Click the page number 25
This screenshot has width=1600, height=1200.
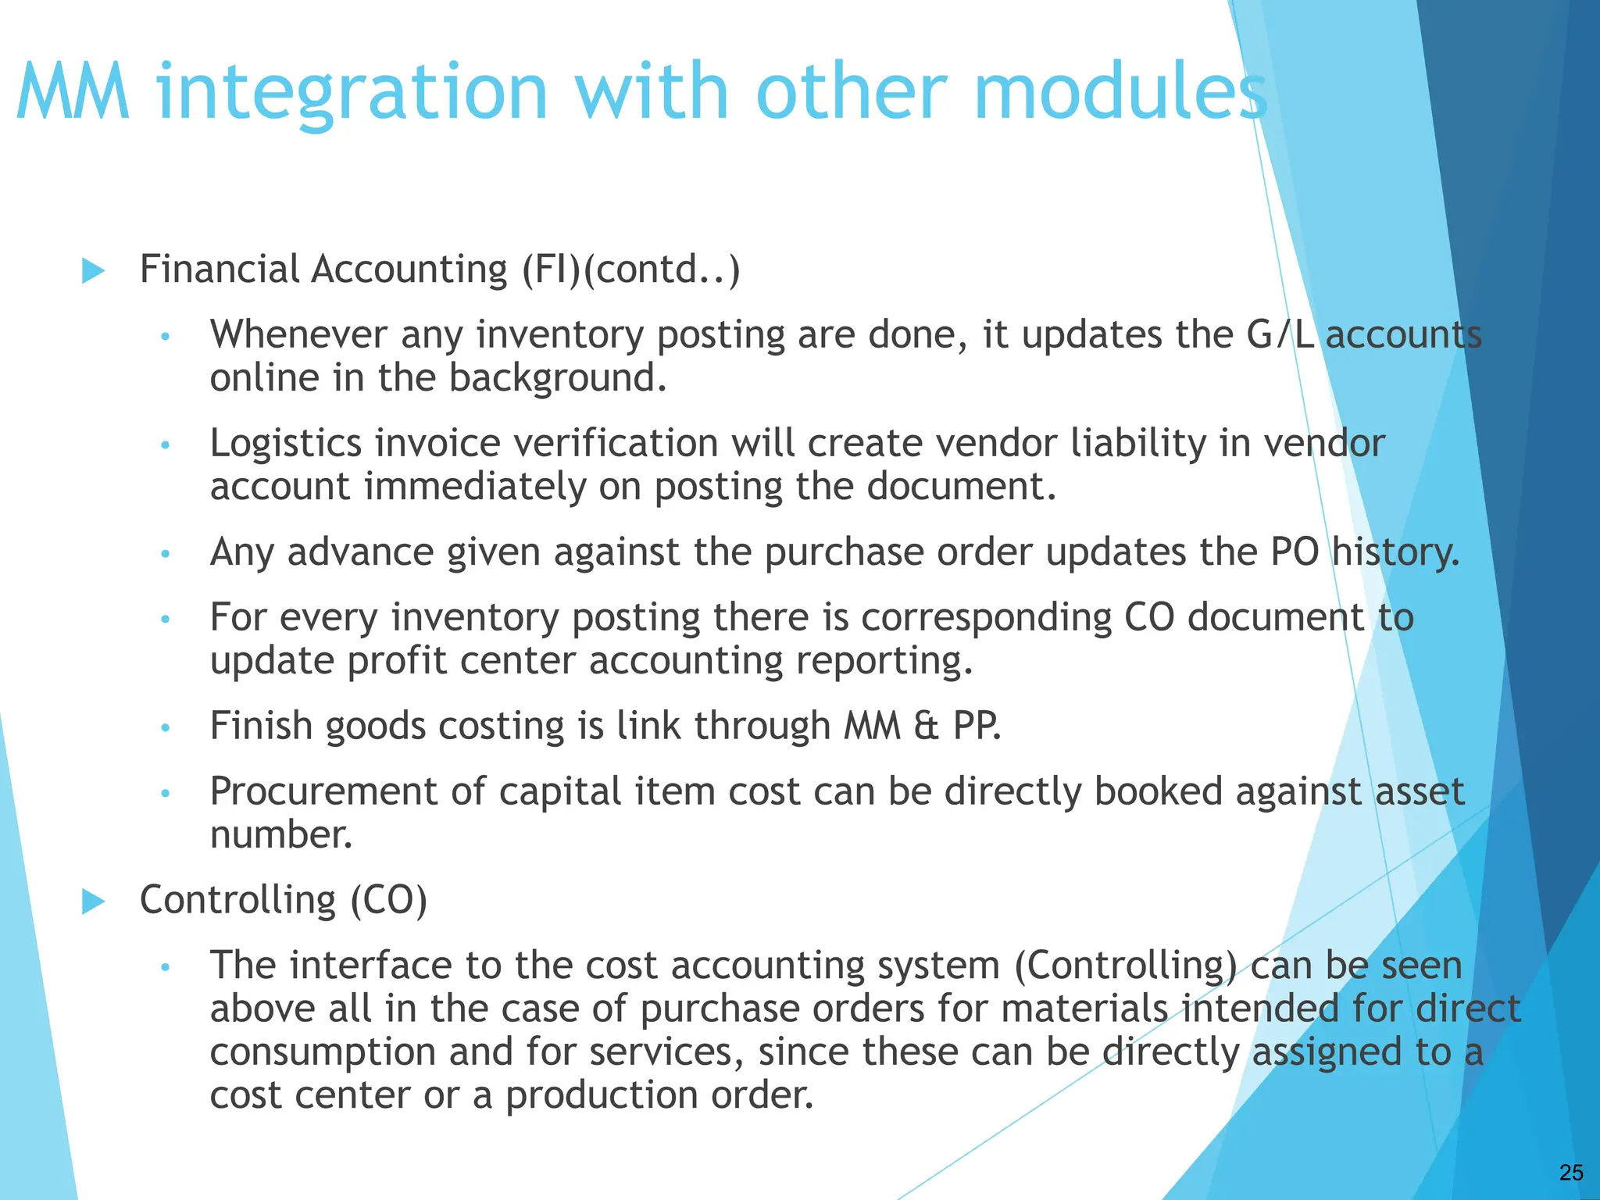pyautogui.click(x=1571, y=1172)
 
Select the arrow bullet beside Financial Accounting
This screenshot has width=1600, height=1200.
pyautogui.click(x=93, y=271)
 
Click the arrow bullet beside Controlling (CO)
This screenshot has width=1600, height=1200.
pyautogui.click(x=93, y=902)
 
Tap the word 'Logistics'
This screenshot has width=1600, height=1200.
pyautogui.click(x=285, y=444)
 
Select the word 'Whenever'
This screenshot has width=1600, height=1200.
pyautogui.click(x=298, y=334)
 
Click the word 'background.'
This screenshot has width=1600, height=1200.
pyautogui.click(x=558, y=378)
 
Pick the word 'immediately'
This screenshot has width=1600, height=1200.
pyautogui.click(x=475, y=487)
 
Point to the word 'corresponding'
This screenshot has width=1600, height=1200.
pyautogui.click(x=987, y=617)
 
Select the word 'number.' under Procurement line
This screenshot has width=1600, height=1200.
pyautogui.click(x=281, y=834)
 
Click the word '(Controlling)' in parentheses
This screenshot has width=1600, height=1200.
pyautogui.click(x=1125, y=966)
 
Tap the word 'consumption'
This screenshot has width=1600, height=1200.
pyautogui.click(x=322, y=1052)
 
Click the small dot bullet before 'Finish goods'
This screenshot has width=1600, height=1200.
pyautogui.click(x=165, y=728)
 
